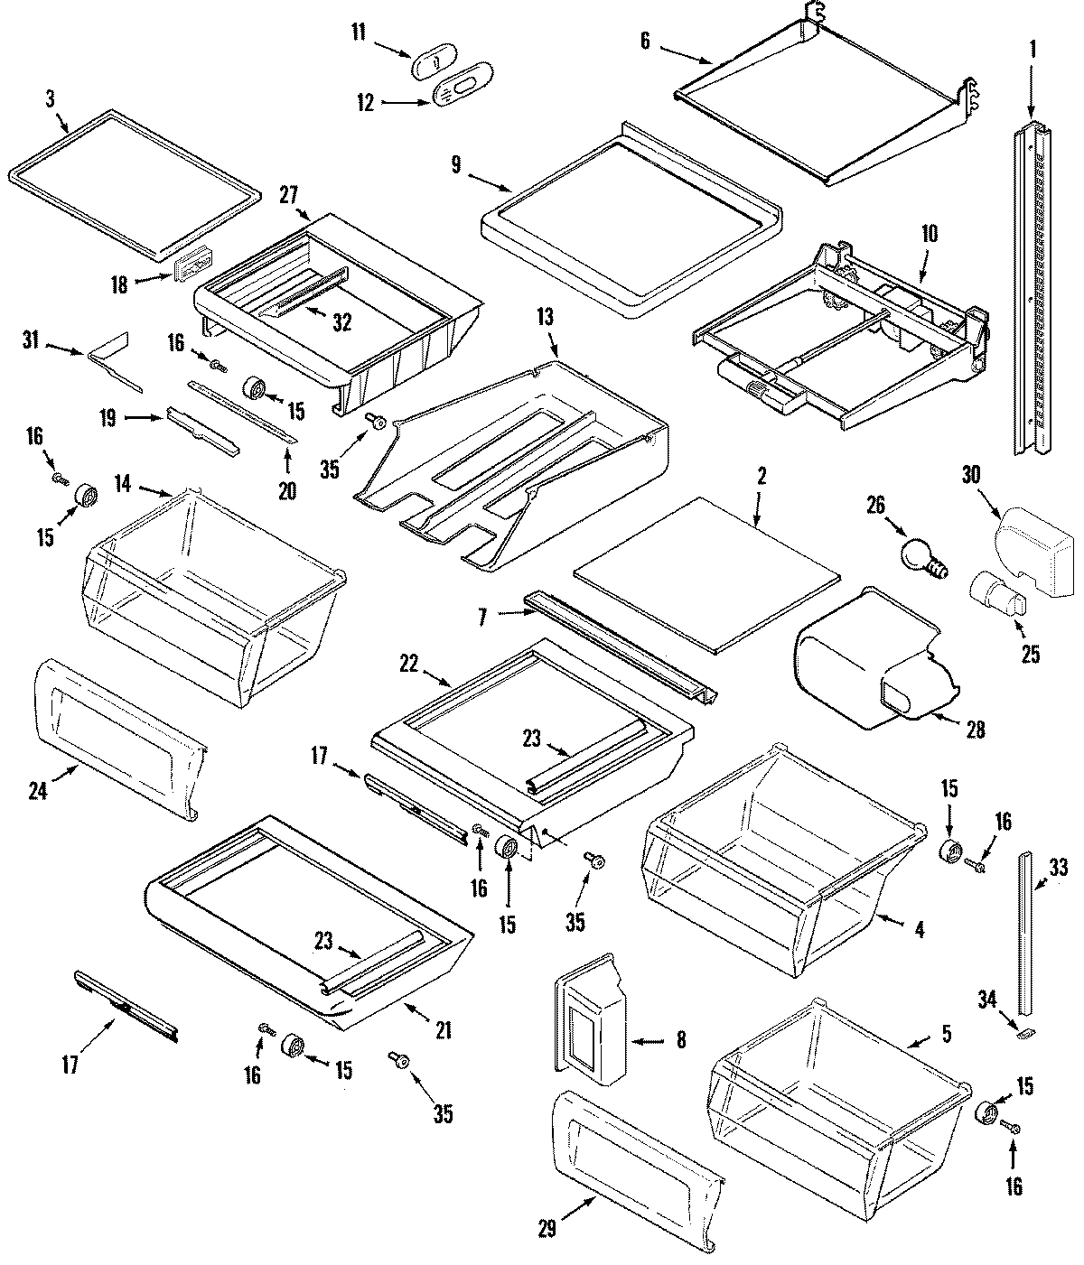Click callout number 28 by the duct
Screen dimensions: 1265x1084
(x=974, y=729)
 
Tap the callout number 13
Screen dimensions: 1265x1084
(x=545, y=318)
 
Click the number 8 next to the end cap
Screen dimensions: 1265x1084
(x=679, y=1041)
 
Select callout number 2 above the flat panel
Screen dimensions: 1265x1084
(x=762, y=477)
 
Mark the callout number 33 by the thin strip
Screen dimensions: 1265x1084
(x=1059, y=870)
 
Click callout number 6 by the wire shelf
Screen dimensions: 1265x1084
(x=644, y=42)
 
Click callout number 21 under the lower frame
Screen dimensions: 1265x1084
(x=443, y=1029)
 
